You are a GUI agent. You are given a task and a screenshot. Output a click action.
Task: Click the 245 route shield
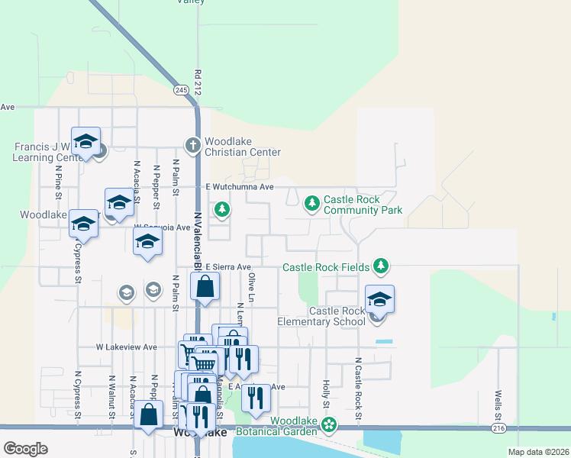[180, 89]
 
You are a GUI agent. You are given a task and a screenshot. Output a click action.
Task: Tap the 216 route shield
[498, 429]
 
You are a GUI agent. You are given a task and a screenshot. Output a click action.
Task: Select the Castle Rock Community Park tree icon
[311, 203]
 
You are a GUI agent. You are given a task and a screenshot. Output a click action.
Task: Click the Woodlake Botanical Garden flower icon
[329, 424]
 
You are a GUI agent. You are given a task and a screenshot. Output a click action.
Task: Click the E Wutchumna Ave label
[240, 186]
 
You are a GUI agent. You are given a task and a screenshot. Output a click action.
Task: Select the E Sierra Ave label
[228, 267]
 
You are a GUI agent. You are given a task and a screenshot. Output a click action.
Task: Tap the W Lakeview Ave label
[126, 347]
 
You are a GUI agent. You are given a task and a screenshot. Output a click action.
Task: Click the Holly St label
[326, 393]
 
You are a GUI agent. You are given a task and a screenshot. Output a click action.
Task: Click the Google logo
[25, 448]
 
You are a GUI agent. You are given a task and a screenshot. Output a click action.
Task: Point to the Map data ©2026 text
[537, 452]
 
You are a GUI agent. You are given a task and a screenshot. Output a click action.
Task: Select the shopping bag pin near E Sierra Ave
[205, 288]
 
